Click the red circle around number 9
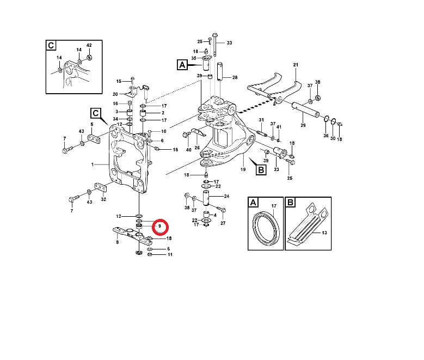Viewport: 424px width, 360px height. coord(161,225)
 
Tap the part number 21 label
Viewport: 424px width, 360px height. coord(296,65)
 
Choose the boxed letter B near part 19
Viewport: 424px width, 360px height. coord(261,169)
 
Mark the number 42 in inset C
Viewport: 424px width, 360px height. coord(89,44)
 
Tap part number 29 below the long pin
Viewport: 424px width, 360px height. coord(303,126)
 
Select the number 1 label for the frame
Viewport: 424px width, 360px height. coord(93,164)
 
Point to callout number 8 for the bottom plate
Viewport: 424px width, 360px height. coord(117,243)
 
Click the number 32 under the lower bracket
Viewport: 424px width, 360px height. coord(103,200)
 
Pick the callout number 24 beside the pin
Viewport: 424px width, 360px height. coord(226,196)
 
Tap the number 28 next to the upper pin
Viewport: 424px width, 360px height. coord(235,78)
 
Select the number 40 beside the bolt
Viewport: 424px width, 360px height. coord(189,150)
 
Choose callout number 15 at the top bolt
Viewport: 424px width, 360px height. coord(119,81)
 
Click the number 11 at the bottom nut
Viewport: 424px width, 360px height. coord(170,254)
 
